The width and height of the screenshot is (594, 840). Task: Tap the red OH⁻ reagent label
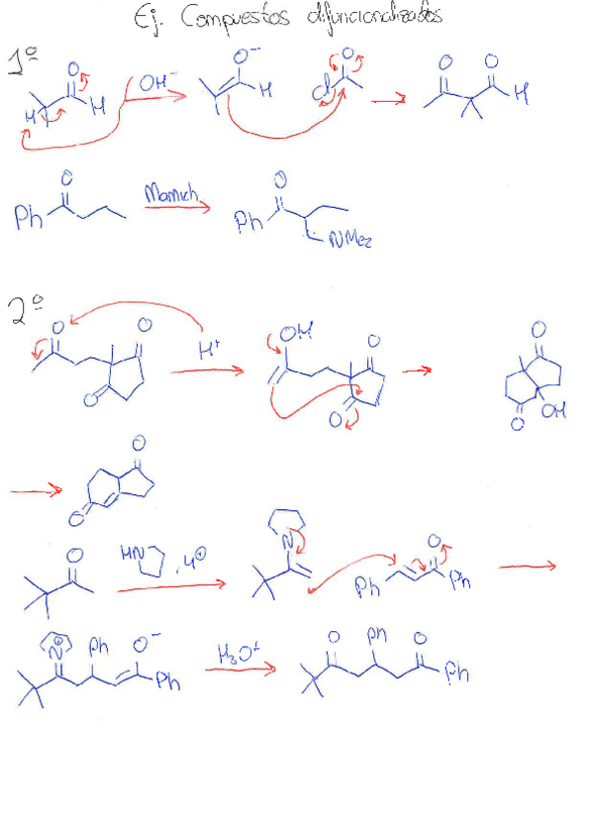coord(154,85)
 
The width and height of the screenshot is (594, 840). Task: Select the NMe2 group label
coord(350,239)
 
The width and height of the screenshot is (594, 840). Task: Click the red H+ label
coord(209,349)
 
